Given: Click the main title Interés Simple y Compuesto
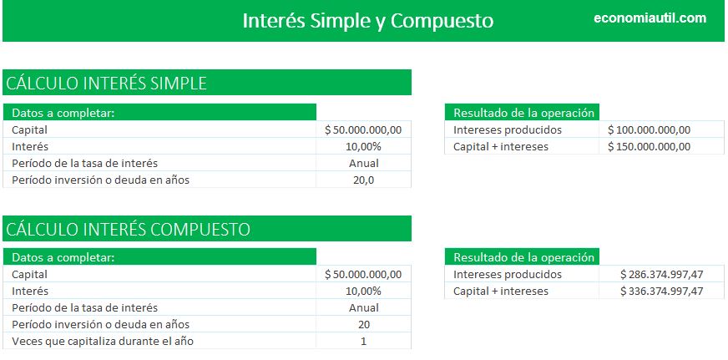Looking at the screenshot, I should tap(367, 20).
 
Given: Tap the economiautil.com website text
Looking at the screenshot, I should tap(650, 18).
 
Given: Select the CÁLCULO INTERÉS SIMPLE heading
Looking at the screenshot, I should tap(106, 83).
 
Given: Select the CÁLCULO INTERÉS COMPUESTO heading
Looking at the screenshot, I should tap(128, 228).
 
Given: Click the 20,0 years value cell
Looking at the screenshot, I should tap(363, 180).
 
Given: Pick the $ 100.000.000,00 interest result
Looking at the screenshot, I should tap(649, 129).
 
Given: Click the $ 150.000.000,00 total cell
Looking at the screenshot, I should tap(649, 146).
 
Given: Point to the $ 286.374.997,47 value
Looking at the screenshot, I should tap(660, 274).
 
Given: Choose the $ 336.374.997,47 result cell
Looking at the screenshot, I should tap(660, 291).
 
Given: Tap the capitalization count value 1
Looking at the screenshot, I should tap(363, 341).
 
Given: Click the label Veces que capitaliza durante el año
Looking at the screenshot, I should tap(106, 341).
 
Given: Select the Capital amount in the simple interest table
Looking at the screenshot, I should tap(363, 129).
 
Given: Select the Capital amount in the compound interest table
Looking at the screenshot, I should tap(363, 274).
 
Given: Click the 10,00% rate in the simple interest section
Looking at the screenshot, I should tap(363, 146).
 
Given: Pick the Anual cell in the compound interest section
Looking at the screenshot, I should tap(363, 307).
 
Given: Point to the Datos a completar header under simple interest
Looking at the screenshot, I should tap(63, 113).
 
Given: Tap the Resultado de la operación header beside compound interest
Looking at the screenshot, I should tap(523, 257).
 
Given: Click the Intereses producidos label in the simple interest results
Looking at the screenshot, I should tap(508, 129).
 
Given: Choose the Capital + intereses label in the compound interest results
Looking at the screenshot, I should tap(501, 291).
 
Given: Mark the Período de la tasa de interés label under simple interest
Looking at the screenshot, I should tap(84, 163).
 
